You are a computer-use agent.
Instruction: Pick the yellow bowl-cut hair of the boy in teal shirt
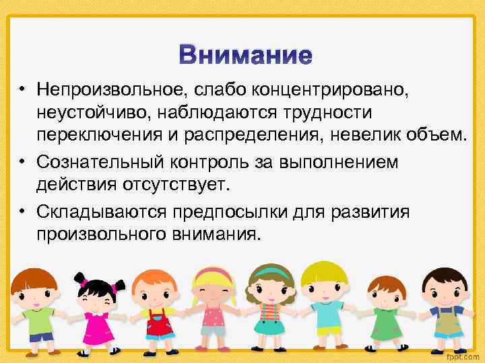324,272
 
